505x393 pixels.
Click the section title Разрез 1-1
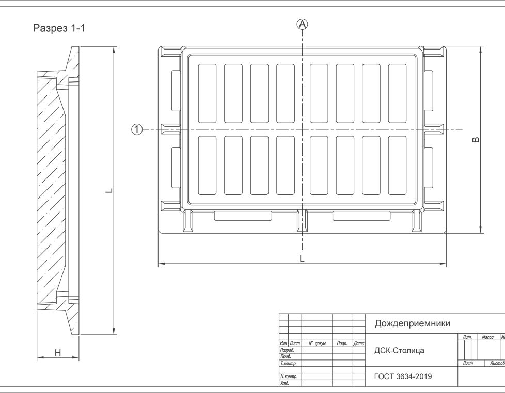[59, 28]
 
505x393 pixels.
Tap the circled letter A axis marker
[302, 24]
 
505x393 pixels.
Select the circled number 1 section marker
[136, 129]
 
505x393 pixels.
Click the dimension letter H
[58, 353]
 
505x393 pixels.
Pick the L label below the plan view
[302, 259]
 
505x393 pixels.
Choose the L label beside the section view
[108, 191]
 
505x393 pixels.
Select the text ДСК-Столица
[399, 351]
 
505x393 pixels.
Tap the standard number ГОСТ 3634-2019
[403, 376]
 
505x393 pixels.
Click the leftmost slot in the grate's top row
[207, 93]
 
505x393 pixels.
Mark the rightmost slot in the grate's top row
[397, 93]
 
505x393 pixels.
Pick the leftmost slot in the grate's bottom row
[207, 165]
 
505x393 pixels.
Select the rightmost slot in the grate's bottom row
[397, 165]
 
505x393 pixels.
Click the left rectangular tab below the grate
[243, 216]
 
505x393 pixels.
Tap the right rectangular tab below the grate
[361, 216]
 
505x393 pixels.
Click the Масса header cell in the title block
[487, 337]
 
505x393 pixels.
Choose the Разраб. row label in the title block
[287, 350]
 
